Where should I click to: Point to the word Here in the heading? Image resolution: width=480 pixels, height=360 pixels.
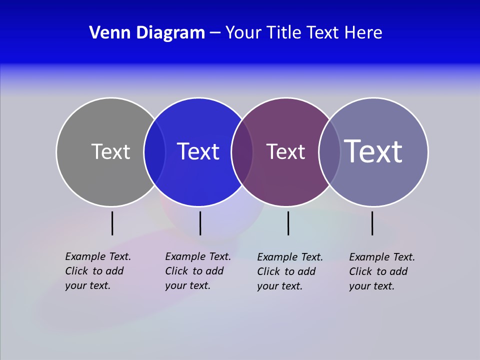click(x=363, y=32)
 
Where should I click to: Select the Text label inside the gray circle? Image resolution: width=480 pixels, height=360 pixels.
click(x=110, y=151)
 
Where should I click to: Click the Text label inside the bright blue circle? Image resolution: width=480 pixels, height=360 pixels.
click(x=198, y=151)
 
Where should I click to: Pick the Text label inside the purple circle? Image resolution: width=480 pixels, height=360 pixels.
click(x=285, y=151)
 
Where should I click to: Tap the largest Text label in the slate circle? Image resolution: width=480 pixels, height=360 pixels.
click(x=373, y=151)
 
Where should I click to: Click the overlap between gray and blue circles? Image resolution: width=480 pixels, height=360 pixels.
click(x=154, y=152)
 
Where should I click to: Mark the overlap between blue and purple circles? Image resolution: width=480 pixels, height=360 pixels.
click(x=242, y=152)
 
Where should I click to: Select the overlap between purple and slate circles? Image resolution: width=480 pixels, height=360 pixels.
click(x=329, y=152)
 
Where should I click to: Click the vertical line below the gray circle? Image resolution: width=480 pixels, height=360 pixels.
click(x=112, y=223)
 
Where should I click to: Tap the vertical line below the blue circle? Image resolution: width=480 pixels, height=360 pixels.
click(x=200, y=223)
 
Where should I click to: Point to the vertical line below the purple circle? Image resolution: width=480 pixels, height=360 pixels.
click(x=288, y=223)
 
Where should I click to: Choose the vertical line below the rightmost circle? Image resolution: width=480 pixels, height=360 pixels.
click(x=372, y=223)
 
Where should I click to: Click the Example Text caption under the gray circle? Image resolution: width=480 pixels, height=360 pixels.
click(x=98, y=271)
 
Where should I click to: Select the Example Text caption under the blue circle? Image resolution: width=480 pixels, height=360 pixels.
click(x=198, y=271)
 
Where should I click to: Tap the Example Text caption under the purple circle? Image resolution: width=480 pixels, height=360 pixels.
click(x=290, y=271)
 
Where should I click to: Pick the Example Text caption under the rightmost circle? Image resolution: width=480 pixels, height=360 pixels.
click(x=382, y=271)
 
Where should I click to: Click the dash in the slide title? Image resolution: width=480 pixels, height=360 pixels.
click(x=214, y=33)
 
